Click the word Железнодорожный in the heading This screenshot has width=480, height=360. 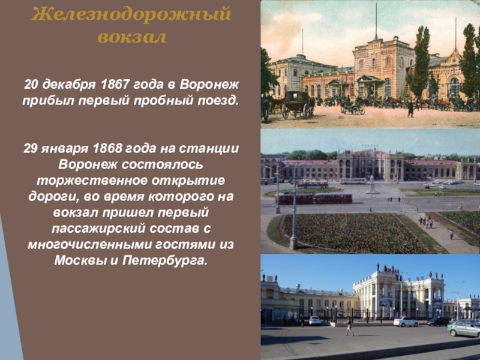pos(131,14)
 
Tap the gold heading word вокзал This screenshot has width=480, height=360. pos(132,37)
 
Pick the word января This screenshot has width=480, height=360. pos(65,149)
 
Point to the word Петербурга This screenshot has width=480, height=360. pos(165,261)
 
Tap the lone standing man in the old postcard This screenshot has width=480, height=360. pos(410,109)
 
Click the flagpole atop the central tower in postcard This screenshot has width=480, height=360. pos(376,22)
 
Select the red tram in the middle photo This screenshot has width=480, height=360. pos(314,199)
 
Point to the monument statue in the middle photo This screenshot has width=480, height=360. pos(372,184)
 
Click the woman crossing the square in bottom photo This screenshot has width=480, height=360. pos(349,326)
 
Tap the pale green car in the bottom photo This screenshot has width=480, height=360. pos(463,328)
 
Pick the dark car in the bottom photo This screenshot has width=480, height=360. pos(438,321)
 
